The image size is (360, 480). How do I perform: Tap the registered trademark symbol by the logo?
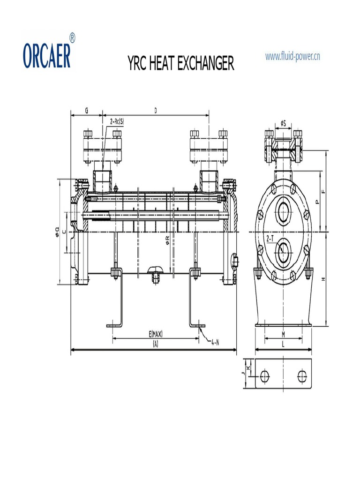[72, 38]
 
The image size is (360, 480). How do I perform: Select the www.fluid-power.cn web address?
[292, 57]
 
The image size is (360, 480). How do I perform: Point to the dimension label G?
[86, 111]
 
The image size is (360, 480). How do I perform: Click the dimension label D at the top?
[156, 111]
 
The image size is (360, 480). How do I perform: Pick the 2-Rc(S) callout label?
[117, 121]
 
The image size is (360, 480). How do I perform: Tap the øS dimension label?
[283, 123]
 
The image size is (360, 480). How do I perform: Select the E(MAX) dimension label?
[156, 334]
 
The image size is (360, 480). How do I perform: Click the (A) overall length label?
[155, 344]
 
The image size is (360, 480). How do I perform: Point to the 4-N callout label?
[215, 342]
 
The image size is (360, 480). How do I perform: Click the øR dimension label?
[167, 240]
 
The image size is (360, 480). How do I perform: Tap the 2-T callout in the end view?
[270, 239]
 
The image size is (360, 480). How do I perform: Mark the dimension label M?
[283, 334]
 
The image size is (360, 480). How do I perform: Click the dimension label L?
[283, 344]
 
